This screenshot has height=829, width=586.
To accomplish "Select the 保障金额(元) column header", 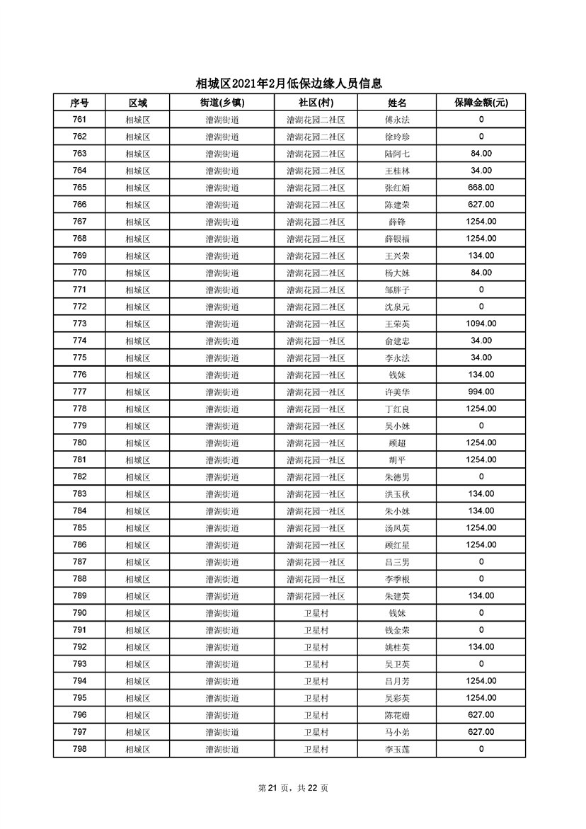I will click(x=481, y=103).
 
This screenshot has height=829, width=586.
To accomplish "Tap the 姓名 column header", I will click(x=397, y=103).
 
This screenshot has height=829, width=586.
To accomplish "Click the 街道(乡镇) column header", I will click(x=222, y=103).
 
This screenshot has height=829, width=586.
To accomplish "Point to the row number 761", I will click(x=79, y=120).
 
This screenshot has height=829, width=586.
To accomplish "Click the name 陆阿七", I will click(x=397, y=154).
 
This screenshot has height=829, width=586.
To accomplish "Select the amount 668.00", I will click(x=481, y=188).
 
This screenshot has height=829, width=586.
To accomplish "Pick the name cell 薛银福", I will click(x=397, y=239).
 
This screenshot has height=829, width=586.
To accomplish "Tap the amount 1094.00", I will click(x=481, y=324).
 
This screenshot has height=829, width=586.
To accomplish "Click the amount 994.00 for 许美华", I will click(x=481, y=391).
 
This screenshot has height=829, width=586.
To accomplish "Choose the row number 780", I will click(x=79, y=442).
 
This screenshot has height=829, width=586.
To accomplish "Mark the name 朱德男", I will click(x=397, y=476).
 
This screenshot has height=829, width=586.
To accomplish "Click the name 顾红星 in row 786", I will click(x=397, y=544).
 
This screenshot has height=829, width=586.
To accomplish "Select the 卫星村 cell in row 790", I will click(x=316, y=612).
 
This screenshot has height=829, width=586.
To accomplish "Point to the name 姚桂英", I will click(x=397, y=646).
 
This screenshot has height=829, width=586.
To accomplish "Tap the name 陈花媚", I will click(x=397, y=714).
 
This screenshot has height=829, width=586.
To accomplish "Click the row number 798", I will click(x=79, y=748).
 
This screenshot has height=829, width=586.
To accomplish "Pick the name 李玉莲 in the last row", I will click(x=397, y=748).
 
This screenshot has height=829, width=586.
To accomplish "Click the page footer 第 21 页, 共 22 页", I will click(x=292, y=788).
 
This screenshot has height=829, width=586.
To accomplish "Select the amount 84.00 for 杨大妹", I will click(x=481, y=273).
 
